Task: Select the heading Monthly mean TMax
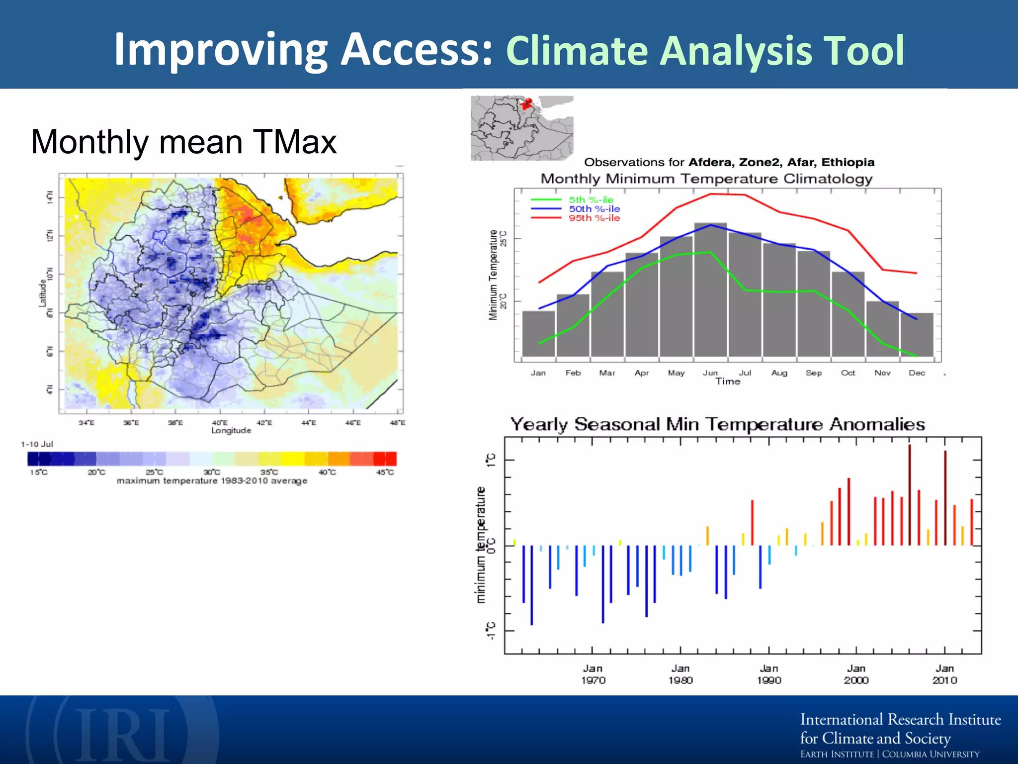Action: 183,142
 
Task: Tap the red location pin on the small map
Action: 527,103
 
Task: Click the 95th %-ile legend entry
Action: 594,218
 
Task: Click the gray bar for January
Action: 538,333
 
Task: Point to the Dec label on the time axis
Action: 917,373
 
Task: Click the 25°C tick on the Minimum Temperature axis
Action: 504,239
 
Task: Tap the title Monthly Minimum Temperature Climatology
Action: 706,179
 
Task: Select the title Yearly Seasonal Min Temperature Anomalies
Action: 717,424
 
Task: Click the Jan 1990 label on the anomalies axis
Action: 769,674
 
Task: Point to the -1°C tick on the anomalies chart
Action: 491,631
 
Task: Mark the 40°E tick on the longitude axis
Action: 220,423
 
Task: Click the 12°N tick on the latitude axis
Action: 49,235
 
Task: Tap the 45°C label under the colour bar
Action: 385,472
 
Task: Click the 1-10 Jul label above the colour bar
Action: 37,444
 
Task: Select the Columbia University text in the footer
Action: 930,754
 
